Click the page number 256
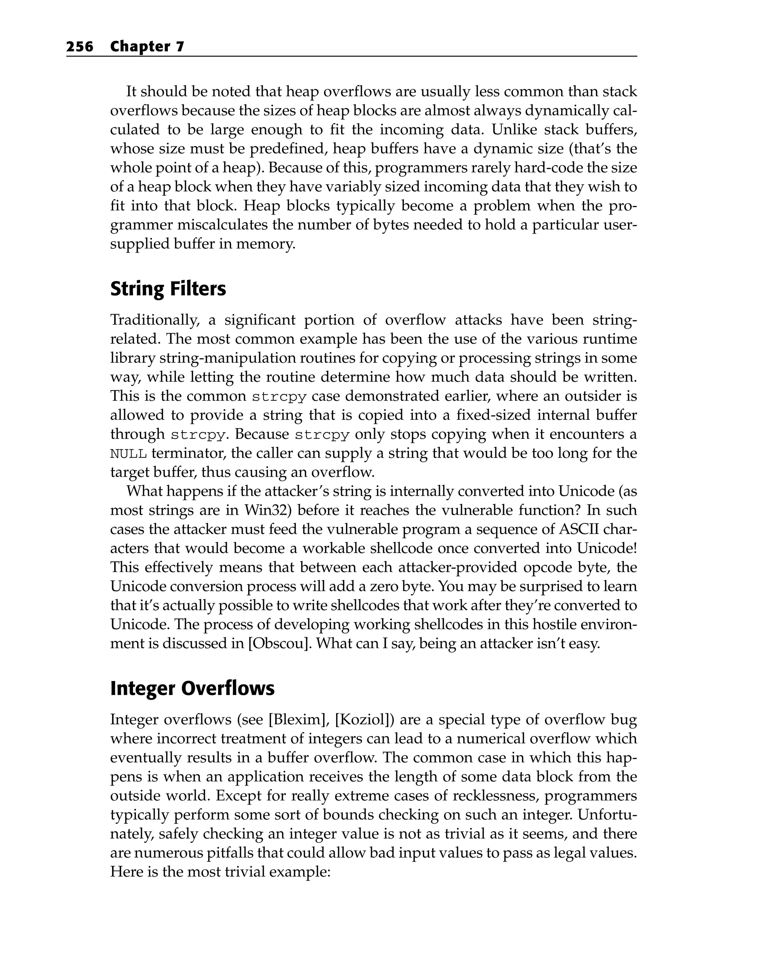click(x=80, y=47)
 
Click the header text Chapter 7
click(x=147, y=47)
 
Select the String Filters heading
click(x=168, y=289)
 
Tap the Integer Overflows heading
click(x=192, y=688)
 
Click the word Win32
click(x=264, y=510)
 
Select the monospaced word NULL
click(x=128, y=454)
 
